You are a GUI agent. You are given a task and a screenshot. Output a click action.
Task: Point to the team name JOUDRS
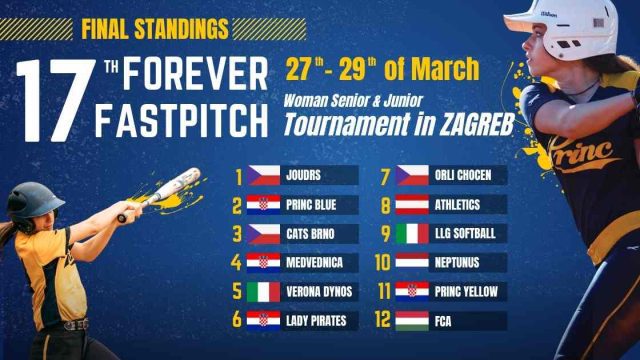pos(301,176)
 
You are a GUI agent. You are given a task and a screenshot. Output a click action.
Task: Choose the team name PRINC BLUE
pos(311,205)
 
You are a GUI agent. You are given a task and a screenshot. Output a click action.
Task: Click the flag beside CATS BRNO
pos(265,234)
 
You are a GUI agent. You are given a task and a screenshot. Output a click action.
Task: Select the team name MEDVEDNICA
pos(316,263)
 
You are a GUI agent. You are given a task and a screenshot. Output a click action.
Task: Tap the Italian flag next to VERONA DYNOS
pos(265,292)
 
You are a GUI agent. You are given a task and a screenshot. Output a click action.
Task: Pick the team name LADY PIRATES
pos(316,321)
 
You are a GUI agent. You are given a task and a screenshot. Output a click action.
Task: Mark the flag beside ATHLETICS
pos(413,205)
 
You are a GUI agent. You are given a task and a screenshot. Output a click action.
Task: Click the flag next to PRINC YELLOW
pos(413,292)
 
